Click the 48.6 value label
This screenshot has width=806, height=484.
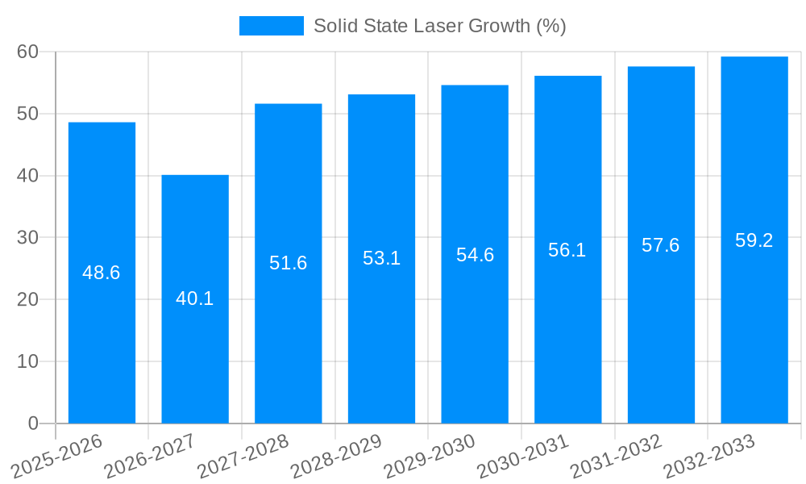102,273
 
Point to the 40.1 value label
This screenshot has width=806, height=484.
195,298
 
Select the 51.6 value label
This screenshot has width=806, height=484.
289,263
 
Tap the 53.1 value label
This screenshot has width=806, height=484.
381,258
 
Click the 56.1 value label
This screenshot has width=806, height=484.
567,250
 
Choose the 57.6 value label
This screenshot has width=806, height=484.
661,245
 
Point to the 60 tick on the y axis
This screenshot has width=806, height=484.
27,52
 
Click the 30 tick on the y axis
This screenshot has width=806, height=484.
27,237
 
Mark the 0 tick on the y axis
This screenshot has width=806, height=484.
33,423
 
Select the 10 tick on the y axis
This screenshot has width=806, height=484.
27,361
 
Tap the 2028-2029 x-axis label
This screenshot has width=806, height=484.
336,456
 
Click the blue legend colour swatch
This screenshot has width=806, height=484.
272,26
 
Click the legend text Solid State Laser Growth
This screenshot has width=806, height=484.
439,26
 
